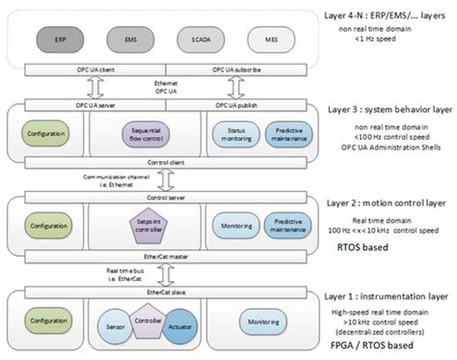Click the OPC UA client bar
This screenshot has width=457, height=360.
click(x=88, y=69)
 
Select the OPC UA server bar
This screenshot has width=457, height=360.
click(x=88, y=104)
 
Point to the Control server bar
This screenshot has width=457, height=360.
click(x=160, y=197)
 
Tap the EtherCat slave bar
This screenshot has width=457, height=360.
click(x=160, y=290)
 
